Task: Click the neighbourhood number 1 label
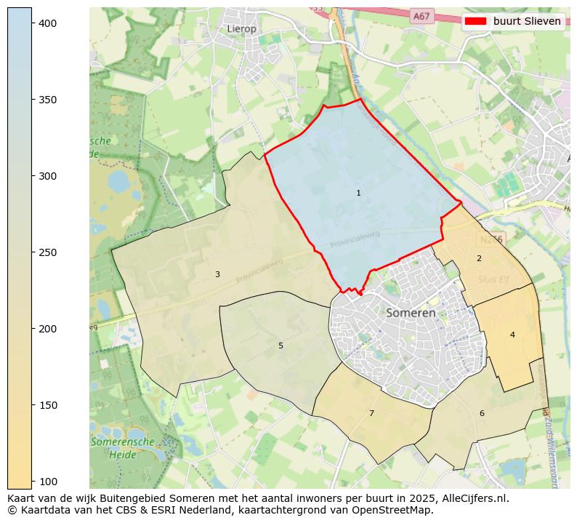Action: tap(358, 193)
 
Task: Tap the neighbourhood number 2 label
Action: tap(479, 258)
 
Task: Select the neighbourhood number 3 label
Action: tap(217, 274)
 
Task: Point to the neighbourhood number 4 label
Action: tap(512, 335)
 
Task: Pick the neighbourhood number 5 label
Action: tap(281, 346)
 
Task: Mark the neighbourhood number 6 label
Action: tap(482, 413)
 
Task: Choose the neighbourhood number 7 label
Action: tap(371, 413)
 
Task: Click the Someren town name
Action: tap(411, 313)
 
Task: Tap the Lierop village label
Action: tap(242, 29)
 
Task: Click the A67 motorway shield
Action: tap(421, 15)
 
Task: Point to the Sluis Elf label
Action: tap(493, 279)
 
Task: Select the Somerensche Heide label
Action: tap(122, 447)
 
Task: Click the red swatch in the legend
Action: tap(476, 21)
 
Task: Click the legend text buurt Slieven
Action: tap(527, 21)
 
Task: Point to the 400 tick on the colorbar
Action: tap(48, 23)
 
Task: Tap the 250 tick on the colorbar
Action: tap(48, 252)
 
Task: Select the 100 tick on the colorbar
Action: tap(48, 481)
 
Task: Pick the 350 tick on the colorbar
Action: tap(48, 100)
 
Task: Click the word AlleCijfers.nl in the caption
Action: tap(472, 498)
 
